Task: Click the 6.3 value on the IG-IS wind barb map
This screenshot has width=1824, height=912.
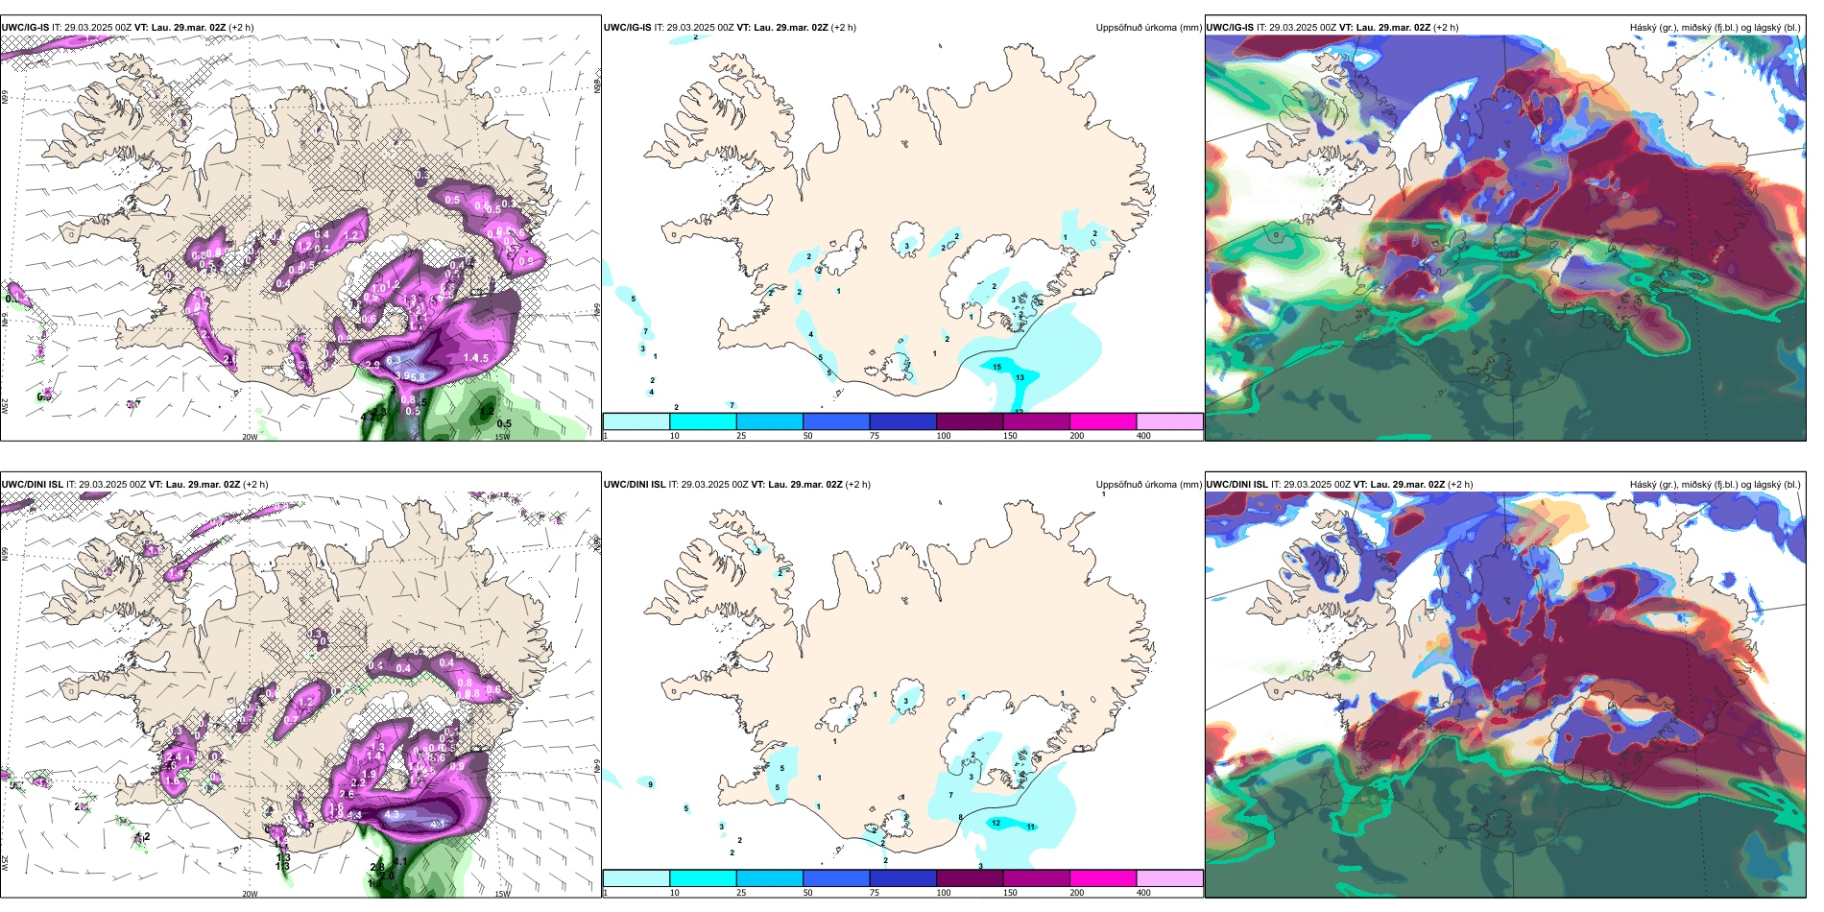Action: [x=394, y=361]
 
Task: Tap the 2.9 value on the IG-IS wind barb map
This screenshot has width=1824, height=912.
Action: [x=372, y=365]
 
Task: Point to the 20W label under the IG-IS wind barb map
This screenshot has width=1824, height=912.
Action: [x=250, y=437]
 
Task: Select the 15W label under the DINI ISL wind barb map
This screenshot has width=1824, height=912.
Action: [x=502, y=894]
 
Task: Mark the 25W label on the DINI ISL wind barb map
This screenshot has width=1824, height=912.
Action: [x=5, y=863]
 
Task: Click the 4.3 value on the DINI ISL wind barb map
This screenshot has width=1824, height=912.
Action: [x=392, y=815]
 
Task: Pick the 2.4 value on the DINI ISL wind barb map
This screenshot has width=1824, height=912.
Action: [x=174, y=757]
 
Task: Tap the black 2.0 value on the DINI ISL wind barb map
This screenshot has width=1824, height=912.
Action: [x=386, y=876]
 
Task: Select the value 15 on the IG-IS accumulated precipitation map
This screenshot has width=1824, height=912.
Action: [x=996, y=367]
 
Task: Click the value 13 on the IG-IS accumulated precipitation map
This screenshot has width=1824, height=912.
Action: [x=1020, y=377]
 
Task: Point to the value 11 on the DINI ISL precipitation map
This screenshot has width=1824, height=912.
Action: [x=1031, y=827]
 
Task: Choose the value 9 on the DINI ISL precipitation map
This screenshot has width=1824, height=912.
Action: [x=651, y=784]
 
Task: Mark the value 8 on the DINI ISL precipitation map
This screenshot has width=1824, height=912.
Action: [x=960, y=817]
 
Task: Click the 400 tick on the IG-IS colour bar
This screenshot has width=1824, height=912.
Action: [x=1143, y=436]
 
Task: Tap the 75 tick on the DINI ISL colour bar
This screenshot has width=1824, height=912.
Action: [x=875, y=893]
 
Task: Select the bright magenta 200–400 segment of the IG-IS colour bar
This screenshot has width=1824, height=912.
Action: [x=1103, y=421]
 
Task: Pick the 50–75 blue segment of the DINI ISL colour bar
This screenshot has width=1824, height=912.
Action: [x=836, y=878]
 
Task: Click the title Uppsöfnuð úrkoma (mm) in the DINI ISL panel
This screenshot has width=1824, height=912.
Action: [x=1148, y=485]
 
